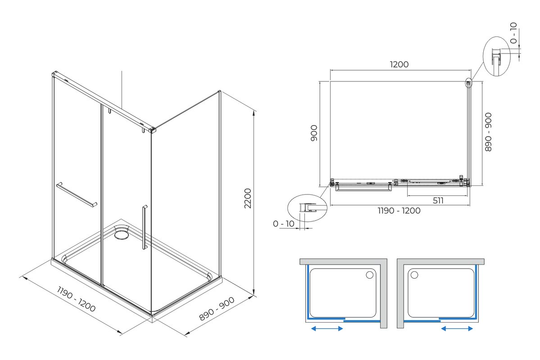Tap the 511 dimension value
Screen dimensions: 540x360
(438, 201)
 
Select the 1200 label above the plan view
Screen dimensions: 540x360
(399, 64)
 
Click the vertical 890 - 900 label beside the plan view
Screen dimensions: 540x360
(488, 132)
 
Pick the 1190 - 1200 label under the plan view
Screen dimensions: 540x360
(399, 211)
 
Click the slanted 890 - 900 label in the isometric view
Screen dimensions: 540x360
(218, 309)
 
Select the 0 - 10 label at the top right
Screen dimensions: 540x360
(513, 33)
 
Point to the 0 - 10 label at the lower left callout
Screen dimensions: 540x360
(283, 224)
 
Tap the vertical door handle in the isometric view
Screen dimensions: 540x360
(144, 227)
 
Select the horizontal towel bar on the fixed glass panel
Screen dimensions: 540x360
(77, 195)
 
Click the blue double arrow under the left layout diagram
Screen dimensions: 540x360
(327, 328)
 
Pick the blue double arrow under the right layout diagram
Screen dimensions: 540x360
(457, 328)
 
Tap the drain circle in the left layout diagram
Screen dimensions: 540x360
(370, 274)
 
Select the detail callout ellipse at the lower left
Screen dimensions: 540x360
(307, 208)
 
